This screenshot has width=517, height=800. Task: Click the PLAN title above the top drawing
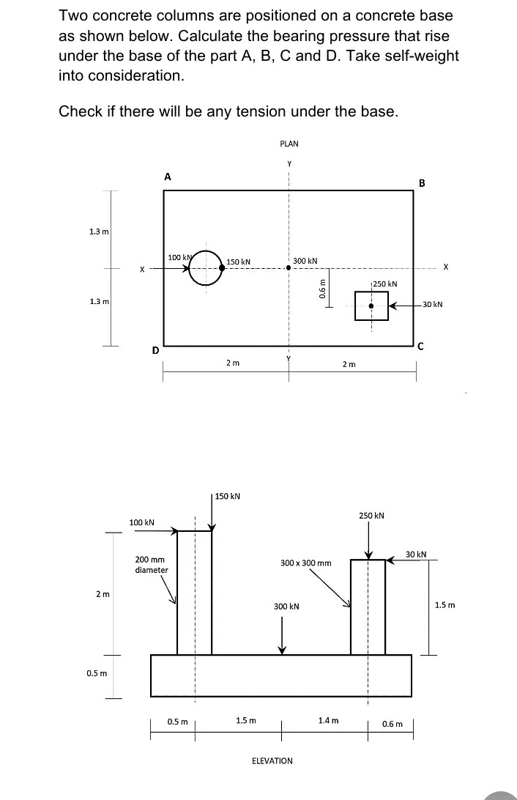tap(289, 144)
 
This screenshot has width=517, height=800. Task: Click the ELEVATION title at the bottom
tap(272, 760)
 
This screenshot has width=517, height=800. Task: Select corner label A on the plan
tap(168, 177)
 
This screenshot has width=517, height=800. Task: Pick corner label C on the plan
tap(421, 347)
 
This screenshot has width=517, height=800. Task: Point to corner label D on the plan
tap(155, 350)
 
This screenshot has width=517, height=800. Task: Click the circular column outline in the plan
tap(207, 269)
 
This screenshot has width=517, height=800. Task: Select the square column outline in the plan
tap(371, 305)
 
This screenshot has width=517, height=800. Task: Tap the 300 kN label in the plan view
tap(305, 261)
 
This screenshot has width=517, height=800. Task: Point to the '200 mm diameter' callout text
tap(152, 564)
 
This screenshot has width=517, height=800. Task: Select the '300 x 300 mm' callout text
tap(306, 563)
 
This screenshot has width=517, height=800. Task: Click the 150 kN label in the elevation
tap(228, 497)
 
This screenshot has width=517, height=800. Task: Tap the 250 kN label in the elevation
tap(372, 516)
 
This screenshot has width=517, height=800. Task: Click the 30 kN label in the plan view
tap(431, 304)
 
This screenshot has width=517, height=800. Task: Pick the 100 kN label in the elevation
tap(141, 522)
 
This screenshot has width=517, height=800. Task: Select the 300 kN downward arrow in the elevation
tap(282, 634)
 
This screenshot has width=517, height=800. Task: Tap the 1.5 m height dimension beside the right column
tap(445, 605)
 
